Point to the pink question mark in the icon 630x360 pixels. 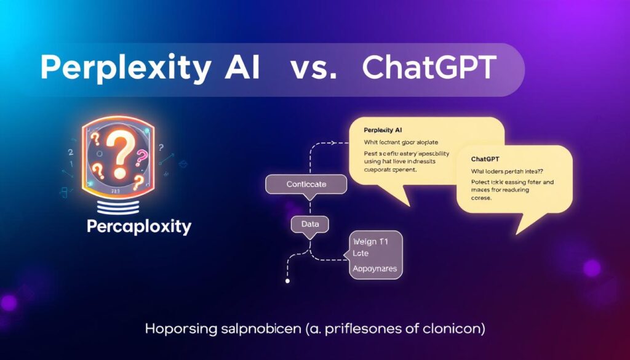pos(142,157)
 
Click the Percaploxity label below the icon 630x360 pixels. pos(139,226)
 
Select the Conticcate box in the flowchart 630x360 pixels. pos(306,184)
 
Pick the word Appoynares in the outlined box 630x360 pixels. pos(374,269)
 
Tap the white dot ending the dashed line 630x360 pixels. pos(287,281)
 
